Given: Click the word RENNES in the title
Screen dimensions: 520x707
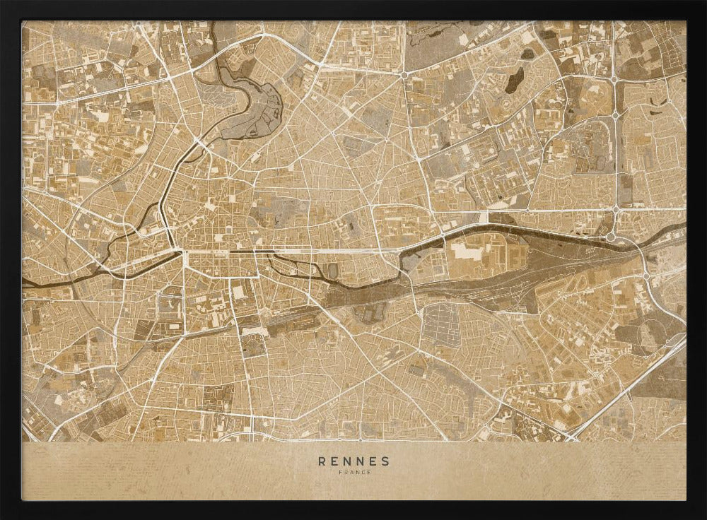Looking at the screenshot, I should [353, 461].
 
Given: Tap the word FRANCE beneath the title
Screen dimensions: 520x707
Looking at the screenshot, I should [353, 473].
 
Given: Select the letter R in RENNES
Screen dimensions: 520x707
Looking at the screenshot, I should [322, 461].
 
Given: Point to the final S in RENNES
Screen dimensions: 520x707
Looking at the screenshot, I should [385, 461].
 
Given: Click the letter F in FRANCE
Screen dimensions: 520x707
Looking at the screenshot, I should [340, 473].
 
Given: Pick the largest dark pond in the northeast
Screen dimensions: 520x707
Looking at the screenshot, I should [515, 79].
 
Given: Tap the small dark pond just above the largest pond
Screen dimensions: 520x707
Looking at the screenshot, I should [527, 54].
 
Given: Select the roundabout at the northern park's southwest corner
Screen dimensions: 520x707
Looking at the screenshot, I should [404, 74].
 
